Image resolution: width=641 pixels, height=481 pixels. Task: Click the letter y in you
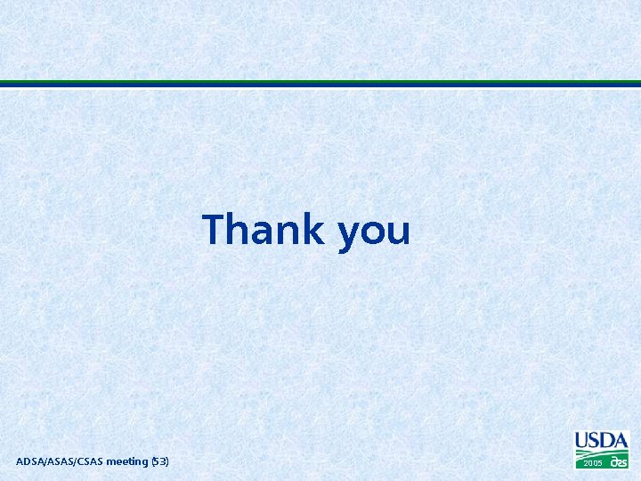point(349,235)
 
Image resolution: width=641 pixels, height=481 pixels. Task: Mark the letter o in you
point(374,232)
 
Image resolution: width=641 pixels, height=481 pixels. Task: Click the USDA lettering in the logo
point(602,440)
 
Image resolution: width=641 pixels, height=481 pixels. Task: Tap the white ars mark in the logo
point(619,462)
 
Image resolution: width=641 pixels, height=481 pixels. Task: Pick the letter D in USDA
point(608,440)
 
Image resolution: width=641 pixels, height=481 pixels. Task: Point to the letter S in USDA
point(595,440)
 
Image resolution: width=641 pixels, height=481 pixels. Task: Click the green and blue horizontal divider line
point(320,84)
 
